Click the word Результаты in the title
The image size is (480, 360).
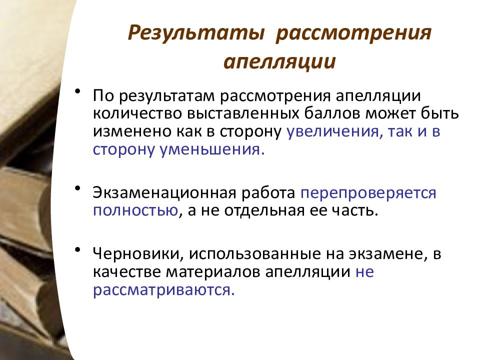(195, 33)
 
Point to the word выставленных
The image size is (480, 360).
(243, 113)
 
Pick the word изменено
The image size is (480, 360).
(132, 131)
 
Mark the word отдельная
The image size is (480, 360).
(264, 210)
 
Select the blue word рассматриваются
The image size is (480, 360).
(164, 290)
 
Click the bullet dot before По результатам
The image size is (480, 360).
(78, 91)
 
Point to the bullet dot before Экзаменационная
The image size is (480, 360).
(78, 187)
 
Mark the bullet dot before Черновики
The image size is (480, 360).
(78, 249)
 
